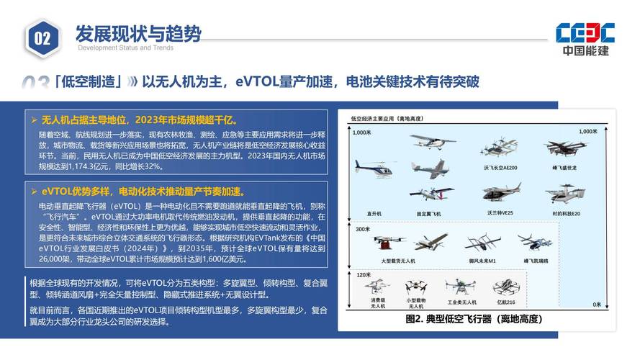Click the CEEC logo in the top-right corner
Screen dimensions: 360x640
(x=585, y=37)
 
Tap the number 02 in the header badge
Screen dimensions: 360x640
(x=42, y=38)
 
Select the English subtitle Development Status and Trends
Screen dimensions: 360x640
(x=125, y=48)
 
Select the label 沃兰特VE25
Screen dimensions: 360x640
(x=500, y=213)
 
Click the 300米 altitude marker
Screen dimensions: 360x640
(x=361, y=228)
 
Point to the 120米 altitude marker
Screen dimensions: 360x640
(x=363, y=274)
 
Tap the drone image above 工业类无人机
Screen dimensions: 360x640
(x=458, y=287)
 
